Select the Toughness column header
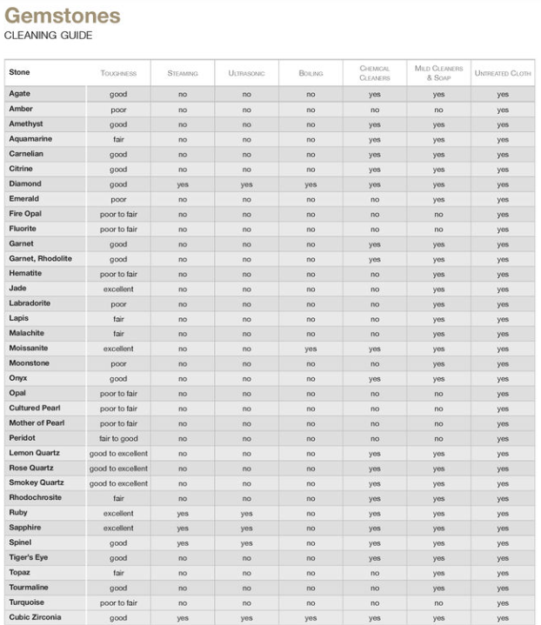click(x=117, y=74)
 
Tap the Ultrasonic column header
click(x=246, y=74)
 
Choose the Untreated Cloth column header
click(x=503, y=74)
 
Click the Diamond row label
click(x=25, y=184)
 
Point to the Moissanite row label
click(x=31, y=348)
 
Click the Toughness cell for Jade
click(x=118, y=289)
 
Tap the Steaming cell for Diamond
click(x=183, y=185)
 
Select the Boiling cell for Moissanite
click(x=311, y=349)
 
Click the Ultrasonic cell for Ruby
click(x=246, y=514)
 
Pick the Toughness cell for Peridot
click(x=118, y=439)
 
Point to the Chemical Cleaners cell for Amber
click(x=374, y=110)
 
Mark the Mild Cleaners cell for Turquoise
click(x=438, y=603)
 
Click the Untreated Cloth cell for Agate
click(x=503, y=95)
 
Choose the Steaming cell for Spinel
click(x=183, y=543)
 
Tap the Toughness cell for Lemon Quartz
click(x=118, y=454)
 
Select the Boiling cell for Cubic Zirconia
click(x=311, y=618)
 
